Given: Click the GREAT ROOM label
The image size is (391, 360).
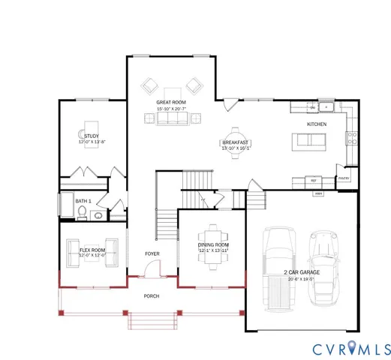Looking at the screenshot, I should tap(171, 101).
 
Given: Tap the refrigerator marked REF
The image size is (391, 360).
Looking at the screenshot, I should tap(312, 180).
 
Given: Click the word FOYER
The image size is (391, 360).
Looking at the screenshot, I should tap(152, 254).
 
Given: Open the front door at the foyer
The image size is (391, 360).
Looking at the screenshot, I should tap(152, 277).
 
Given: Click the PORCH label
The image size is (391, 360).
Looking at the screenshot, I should tap(152, 295).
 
